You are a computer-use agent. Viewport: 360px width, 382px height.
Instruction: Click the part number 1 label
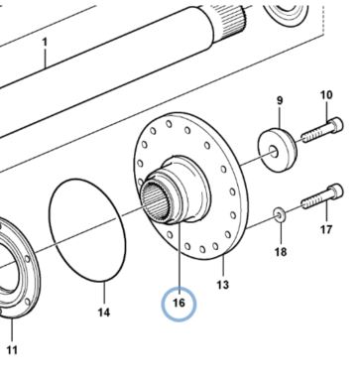click(x=45, y=42)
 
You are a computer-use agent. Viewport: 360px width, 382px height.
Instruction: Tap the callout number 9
click(x=280, y=100)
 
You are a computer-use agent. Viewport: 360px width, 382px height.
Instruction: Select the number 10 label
click(x=326, y=95)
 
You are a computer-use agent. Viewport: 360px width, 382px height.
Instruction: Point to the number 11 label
click(x=12, y=350)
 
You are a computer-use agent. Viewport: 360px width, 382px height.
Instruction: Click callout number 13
click(x=223, y=285)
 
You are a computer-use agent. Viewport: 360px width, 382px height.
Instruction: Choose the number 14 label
click(x=104, y=313)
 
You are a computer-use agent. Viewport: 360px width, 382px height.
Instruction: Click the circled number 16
click(x=179, y=303)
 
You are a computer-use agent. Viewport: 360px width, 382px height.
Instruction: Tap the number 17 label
click(x=326, y=229)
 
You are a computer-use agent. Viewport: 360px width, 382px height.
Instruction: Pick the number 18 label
click(x=281, y=252)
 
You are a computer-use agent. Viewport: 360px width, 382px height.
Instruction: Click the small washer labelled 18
click(x=280, y=214)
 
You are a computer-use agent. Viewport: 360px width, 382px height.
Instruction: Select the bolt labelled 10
click(x=322, y=130)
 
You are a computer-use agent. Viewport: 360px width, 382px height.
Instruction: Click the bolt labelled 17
click(x=322, y=196)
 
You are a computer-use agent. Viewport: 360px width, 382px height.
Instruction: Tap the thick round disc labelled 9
click(x=277, y=150)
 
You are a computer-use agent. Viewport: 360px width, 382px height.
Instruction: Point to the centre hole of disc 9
click(x=274, y=152)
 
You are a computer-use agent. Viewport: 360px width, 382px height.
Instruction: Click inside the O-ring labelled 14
click(x=87, y=230)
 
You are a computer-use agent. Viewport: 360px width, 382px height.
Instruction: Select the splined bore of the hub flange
click(x=156, y=201)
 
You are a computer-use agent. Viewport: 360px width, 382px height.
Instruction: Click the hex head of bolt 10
click(x=336, y=124)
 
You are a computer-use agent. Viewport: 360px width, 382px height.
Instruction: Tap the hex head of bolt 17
click(x=336, y=191)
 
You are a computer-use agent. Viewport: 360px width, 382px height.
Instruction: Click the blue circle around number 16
click(x=179, y=289)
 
